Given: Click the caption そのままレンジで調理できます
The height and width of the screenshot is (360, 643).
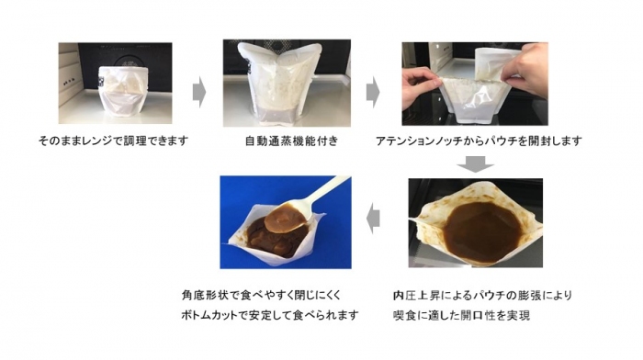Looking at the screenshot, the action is coord(113,141).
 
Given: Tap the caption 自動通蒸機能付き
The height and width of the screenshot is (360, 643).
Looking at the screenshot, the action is coord(291,141).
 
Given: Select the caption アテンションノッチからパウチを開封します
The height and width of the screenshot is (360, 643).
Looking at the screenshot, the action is coord(479,141).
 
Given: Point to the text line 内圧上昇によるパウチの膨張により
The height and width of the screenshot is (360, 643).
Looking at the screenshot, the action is coord(482,295).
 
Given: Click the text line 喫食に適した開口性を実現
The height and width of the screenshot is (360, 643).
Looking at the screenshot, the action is coord(461,315).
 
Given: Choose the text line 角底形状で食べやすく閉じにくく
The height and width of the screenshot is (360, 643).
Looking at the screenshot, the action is coord(261,295).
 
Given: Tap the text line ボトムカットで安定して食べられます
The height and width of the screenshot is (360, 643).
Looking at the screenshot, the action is coord(270,315).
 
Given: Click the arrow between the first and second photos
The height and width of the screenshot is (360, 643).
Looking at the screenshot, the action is coord(199,92).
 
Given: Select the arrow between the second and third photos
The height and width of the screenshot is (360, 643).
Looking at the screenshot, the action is coord(373,92).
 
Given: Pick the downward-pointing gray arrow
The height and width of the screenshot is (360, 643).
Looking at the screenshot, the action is coord(475,164).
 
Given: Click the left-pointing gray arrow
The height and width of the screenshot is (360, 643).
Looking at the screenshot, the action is coord(373,219).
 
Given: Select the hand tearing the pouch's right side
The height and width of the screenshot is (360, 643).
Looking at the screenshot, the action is coord(524,76).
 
